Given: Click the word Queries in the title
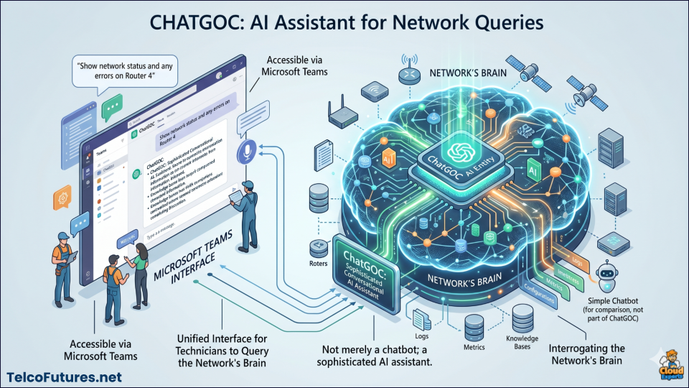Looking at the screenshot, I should pyautogui.click(x=497, y=22).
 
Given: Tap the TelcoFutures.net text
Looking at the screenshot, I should pyautogui.click(x=64, y=377).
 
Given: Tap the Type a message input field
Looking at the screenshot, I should pyautogui.click(x=179, y=236).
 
